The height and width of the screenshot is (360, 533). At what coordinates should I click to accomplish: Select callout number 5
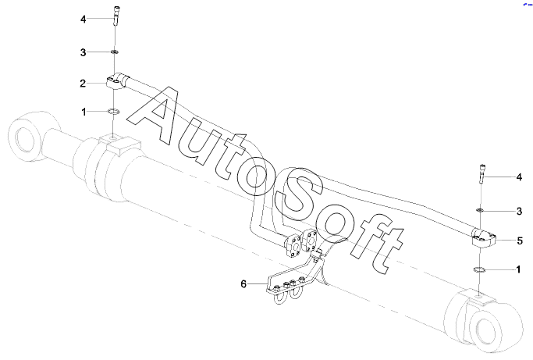pos(519,241)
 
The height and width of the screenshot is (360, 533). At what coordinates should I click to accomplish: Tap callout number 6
pos(243,283)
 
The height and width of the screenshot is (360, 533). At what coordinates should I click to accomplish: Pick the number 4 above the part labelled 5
pos(519,178)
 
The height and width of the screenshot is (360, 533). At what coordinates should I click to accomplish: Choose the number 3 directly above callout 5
pos(519,211)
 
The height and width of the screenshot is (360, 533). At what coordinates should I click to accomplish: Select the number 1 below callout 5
pos(519,269)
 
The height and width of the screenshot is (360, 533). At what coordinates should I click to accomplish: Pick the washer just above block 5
pos(481,210)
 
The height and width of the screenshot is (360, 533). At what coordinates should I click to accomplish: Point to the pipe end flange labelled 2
pos(117,80)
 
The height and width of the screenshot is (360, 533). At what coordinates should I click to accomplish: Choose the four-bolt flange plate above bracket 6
pos(299,243)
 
